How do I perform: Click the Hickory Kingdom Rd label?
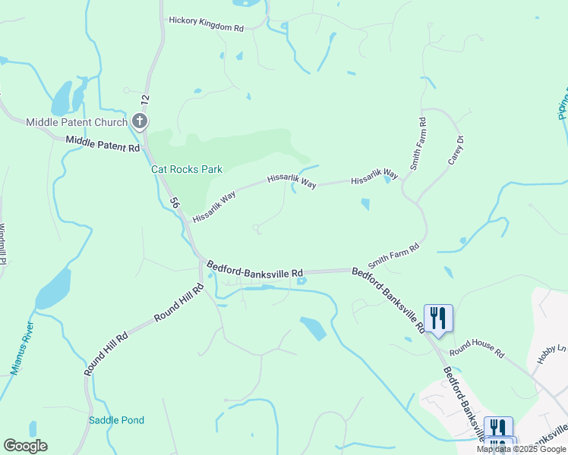[x=206, y=27]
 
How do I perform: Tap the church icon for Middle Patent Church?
[x=139, y=121]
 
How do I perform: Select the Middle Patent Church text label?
[x=77, y=122]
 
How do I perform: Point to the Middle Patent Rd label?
[x=103, y=143]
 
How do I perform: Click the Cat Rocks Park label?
[x=186, y=169]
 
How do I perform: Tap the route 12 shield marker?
[x=144, y=99]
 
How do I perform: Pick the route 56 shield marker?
[x=174, y=203]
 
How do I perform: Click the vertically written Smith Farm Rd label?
[x=416, y=143]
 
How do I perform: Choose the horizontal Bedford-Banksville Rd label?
[x=255, y=267]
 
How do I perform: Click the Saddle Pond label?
[x=116, y=420]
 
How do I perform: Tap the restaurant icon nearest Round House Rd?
[x=437, y=317]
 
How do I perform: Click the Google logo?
[x=25, y=446]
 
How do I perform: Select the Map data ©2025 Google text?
[x=521, y=449]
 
